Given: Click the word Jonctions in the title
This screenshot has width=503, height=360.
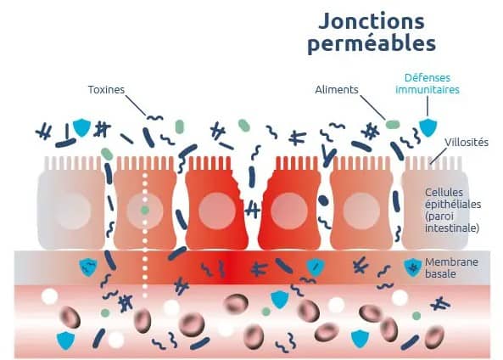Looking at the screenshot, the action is pyautogui.click(x=372, y=22).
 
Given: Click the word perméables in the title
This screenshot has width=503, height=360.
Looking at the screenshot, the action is pyautogui.click(x=372, y=43).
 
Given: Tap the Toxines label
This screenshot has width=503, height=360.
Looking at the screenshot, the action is pyautogui.click(x=106, y=89).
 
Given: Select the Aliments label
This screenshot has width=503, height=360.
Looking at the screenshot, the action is pyautogui.click(x=337, y=89).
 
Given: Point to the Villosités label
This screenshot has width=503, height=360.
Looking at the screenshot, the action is pyautogui.click(x=467, y=143).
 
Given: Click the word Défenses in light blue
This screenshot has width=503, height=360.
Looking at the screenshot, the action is pyautogui.click(x=428, y=78).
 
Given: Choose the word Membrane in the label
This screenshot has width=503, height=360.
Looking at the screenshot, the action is pyautogui.click(x=451, y=262).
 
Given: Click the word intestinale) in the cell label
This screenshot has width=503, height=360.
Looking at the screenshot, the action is pyautogui.click(x=452, y=228).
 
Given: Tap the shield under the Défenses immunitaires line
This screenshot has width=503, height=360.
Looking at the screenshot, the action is pyautogui.click(x=428, y=127).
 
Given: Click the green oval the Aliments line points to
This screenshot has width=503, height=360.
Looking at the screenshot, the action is pyautogui.click(x=393, y=125).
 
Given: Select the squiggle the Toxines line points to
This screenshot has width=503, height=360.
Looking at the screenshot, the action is pyautogui.click(x=154, y=118).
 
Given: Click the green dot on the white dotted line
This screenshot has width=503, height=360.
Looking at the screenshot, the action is pyautogui.click(x=145, y=211).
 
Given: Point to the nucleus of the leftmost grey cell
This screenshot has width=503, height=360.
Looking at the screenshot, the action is pyautogui.click(x=72, y=211).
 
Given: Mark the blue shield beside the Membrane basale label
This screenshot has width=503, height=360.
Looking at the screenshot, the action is pyautogui.click(x=413, y=267).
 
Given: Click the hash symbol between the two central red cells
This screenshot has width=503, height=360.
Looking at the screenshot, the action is pyautogui.click(x=252, y=210).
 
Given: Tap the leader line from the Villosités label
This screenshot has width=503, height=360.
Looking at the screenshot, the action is pyautogui.click(x=439, y=155).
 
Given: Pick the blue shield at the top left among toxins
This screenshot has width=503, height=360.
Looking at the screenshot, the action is pyautogui.click(x=82, y=127).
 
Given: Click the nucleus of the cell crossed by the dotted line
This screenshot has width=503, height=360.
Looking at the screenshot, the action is pyautogui.click(x=145, y=211).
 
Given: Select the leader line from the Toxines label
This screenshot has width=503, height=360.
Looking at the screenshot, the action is pyautogui.click(x=136, y=105).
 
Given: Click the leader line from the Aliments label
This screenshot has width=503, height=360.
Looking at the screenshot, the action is pyautogui.click(x=372, y=107).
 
